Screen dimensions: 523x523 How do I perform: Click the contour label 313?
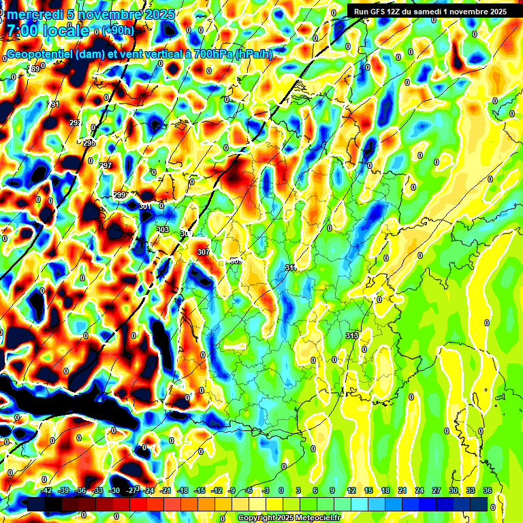click(352, 336)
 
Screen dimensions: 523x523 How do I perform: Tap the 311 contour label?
click(291, 268)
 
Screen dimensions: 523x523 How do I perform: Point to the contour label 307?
click(203, 252)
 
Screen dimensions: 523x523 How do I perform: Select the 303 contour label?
click(162, 229)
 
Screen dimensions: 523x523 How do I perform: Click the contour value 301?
click(144, 206)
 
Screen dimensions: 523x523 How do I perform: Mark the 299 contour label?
click(119, 195)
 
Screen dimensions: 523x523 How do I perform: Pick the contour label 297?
click(106, 165)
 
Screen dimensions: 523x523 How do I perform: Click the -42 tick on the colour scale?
click(47, 490)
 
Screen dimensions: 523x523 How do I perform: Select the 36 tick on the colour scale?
click(488, 490)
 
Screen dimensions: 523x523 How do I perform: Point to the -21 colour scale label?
click(165, 490)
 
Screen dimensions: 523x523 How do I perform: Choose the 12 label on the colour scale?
click(351, 490)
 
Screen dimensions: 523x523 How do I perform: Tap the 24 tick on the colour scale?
click(419, 490)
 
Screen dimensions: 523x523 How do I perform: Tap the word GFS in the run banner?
click(378, 12)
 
